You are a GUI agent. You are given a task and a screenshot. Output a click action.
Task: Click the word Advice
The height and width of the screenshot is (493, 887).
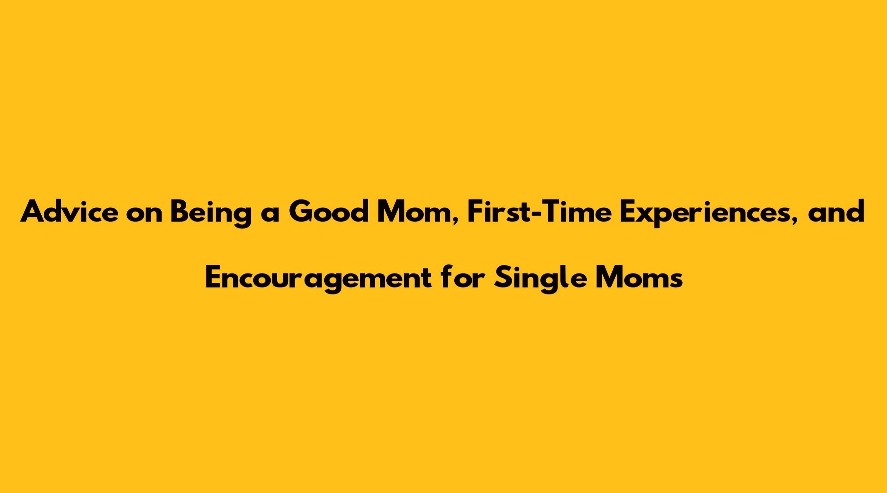click(69, 211)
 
